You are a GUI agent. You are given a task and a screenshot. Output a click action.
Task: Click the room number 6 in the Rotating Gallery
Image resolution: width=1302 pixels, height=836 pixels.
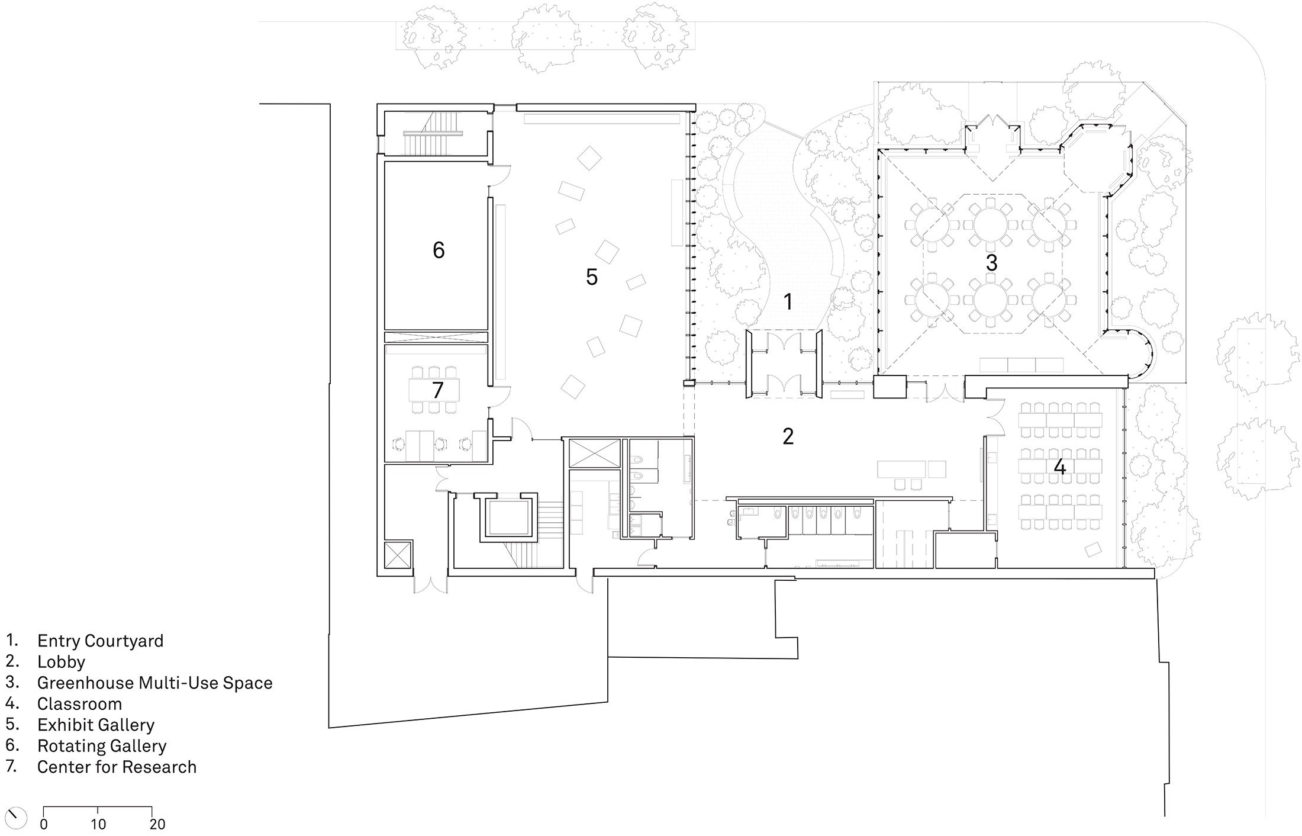439,250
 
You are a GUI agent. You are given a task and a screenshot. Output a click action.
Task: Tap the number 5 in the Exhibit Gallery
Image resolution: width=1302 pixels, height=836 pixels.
592,277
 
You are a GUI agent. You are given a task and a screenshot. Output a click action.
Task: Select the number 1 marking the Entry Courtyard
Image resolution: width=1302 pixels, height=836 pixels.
788,302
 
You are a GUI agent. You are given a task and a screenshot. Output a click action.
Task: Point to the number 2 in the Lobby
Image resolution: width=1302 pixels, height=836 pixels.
788,436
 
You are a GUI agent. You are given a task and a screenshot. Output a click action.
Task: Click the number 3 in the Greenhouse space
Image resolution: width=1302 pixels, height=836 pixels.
992,263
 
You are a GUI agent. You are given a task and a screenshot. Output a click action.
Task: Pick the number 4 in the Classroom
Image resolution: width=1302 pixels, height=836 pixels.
1059,467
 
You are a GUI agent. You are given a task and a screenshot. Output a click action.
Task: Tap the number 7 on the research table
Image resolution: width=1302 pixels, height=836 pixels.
437,390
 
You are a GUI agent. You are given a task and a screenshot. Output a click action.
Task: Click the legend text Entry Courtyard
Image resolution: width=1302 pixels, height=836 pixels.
100,641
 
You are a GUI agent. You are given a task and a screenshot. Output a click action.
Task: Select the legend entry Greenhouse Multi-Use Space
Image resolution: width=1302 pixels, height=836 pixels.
154,683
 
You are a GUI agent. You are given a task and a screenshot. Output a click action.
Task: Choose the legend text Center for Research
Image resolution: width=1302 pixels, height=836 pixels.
117,767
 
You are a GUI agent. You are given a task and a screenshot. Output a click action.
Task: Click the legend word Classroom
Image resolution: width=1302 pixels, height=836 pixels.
79,704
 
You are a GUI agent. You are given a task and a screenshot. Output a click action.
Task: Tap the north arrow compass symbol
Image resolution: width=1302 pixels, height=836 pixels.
15,818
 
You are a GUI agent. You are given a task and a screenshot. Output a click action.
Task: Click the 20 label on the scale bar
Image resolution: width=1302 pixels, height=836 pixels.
157,824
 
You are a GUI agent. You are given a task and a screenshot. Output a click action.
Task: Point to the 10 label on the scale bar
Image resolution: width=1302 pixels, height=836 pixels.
98,824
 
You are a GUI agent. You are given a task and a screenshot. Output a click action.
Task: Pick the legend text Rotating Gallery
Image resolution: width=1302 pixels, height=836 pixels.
102,746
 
